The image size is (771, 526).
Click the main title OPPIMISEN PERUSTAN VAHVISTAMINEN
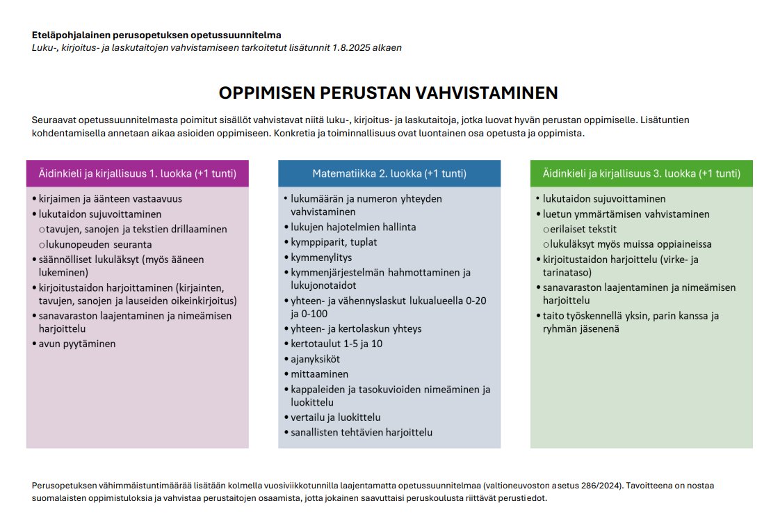(x=388, y=93)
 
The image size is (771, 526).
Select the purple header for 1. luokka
(x=137, y=173)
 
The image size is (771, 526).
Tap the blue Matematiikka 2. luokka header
(x=389, y=173)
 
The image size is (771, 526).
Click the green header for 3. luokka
(x=641, y=173)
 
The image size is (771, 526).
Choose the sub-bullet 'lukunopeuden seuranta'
(x=99, y=244)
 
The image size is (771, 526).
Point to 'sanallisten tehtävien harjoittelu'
(x=362, y=432)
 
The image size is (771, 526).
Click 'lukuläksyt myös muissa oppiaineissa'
(x=631, y=244)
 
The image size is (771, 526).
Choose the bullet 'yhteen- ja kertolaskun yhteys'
(x=356, y=328)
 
